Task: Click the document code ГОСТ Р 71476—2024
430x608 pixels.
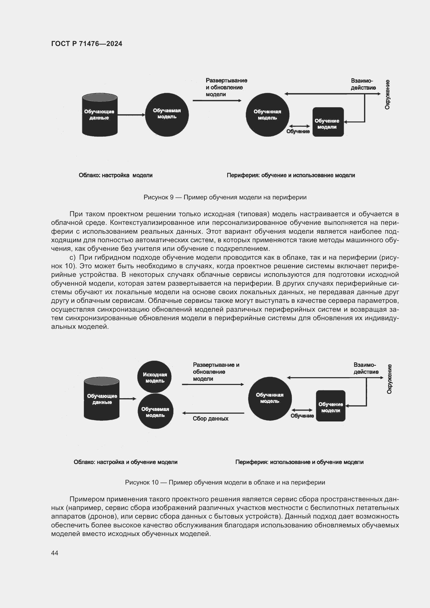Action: coord(87,44)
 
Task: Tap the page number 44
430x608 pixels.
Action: coord(55,553)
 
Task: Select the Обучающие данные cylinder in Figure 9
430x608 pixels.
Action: coord(100,115)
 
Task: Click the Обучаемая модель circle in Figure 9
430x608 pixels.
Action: coord(167,115)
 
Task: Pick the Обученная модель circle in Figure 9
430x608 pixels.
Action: coord(268,115)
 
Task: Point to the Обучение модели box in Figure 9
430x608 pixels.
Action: coord(328,122)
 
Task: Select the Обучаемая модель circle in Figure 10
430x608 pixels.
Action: coord(155,411)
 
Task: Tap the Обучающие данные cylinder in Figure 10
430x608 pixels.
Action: coord(102,399)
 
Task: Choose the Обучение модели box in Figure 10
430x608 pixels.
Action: coord(330,406)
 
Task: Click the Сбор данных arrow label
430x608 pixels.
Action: coord(211,419)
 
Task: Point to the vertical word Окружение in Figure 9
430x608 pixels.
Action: coord(387,94)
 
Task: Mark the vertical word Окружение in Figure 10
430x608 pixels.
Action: coord(389,379)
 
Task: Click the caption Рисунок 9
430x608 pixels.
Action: coord(225,197)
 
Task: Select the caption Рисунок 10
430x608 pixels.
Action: coord(225,482)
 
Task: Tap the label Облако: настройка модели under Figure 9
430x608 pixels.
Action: coord(115,175)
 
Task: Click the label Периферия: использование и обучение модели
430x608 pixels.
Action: coord(299,462)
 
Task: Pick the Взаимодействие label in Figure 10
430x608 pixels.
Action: coord(366,368)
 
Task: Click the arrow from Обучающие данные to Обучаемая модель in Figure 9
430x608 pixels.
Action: coord(131,115)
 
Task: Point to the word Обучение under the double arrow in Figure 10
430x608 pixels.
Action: coord(302,416)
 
